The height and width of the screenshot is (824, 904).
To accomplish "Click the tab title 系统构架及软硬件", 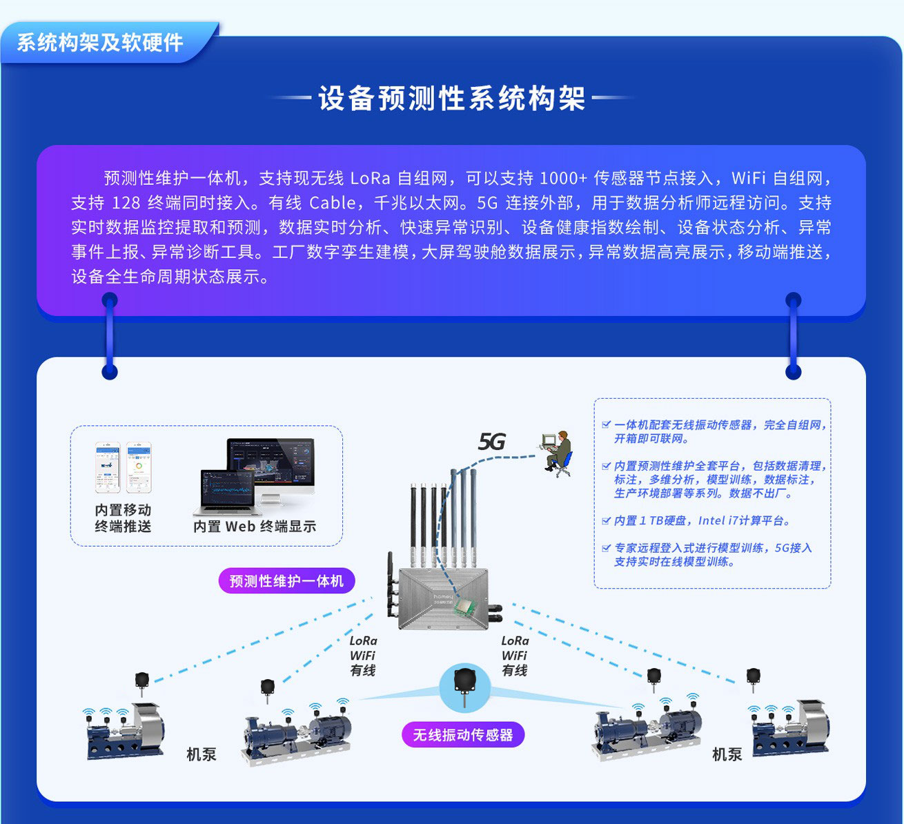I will pos(100,43).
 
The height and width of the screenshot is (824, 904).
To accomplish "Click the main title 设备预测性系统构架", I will pos(451,99).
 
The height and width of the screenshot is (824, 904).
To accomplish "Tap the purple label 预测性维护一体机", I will pos(286,581).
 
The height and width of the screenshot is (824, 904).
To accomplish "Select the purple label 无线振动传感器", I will pos(462,735).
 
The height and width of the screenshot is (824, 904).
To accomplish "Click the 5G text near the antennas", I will pos(491,442).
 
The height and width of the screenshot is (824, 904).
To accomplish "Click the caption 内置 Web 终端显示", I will pos(255,527).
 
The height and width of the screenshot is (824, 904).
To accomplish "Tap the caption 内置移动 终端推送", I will pos(123,518).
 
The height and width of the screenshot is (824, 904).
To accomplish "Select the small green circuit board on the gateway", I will pos(469,606).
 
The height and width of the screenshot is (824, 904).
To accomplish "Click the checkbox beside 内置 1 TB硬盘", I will pos(606,520).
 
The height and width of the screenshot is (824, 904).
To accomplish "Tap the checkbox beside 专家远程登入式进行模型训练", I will pos(606,548).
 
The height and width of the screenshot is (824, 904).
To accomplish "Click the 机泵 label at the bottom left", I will pos(201,754).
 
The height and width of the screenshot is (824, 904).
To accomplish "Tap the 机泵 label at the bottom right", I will pos(727,754).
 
